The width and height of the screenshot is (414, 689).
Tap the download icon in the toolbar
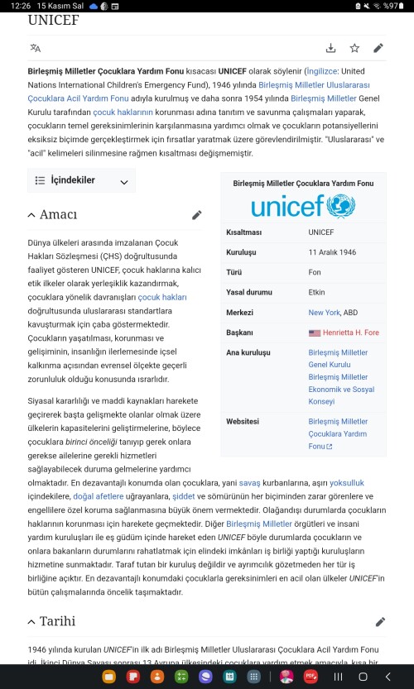coord(331,48)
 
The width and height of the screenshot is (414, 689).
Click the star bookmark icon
coord(354,48)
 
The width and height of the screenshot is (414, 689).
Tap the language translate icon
coord(35,48)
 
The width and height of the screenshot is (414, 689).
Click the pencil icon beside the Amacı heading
coord(197,215)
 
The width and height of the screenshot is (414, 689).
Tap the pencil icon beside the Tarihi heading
coord(380,621)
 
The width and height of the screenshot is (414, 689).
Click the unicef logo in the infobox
coord(303,205)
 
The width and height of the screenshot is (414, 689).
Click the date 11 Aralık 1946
coord(332,252)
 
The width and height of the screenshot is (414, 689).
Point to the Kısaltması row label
coord(243,232)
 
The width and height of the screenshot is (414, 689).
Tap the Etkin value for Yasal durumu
coord(316,292)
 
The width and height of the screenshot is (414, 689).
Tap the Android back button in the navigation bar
coord(388,676)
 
